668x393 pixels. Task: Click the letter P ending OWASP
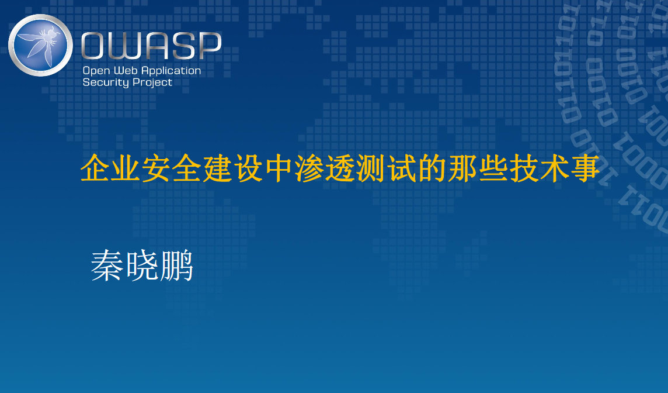[x=210, y=45]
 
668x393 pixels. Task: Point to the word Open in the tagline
[x=96, y=71]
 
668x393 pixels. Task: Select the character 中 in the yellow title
[x=280, y=168]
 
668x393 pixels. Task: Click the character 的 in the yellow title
[x=433, y=168]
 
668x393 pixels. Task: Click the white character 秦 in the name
[x=107, y=266]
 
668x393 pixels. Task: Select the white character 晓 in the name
[x=141, y=266]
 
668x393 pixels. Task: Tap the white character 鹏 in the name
[x=176, y=266]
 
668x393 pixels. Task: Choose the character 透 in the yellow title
[x=340, y=168]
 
